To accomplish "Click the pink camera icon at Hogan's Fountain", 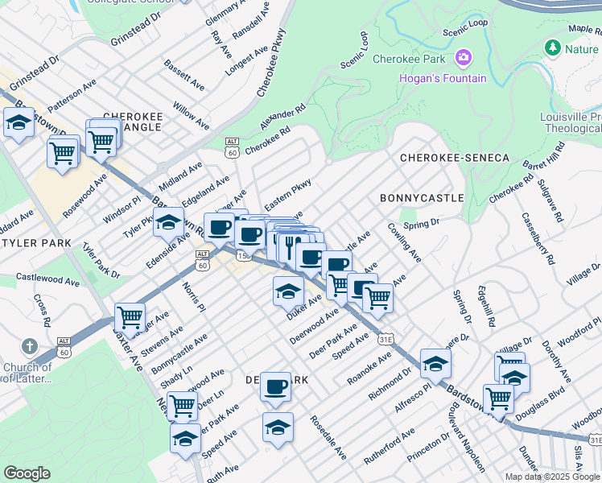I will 463,57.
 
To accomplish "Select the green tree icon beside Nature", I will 552,48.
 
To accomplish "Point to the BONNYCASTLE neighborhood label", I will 422,197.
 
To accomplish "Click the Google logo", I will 27,473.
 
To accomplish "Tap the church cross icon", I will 30,347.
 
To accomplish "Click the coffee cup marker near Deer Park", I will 275,386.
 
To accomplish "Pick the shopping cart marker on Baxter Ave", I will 130,316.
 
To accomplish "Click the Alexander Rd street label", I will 283,118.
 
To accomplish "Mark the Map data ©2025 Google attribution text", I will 551,476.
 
